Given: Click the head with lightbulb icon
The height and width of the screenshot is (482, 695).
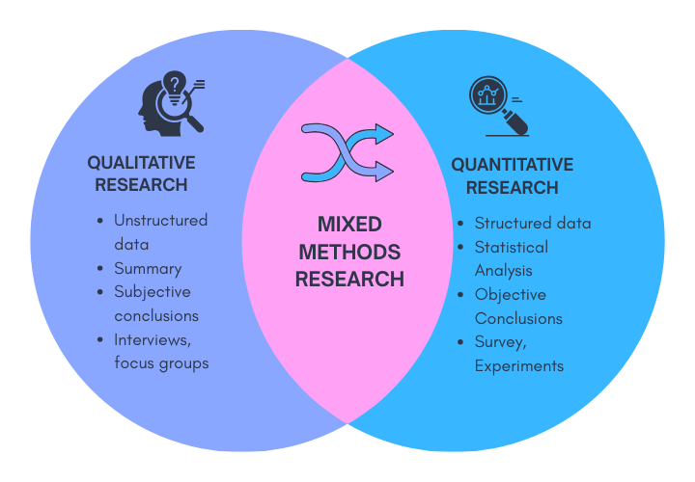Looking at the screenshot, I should click(171, 100).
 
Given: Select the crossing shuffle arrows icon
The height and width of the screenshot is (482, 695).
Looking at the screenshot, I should click(347, 152).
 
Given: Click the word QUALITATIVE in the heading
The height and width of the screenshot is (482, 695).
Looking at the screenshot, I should click(141, 163).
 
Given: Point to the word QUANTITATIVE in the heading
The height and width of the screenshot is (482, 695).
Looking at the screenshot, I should click(512, 165).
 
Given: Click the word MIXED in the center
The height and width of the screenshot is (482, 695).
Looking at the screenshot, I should click(349, 225).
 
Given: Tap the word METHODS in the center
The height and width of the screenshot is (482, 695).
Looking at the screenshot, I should click(349, 253).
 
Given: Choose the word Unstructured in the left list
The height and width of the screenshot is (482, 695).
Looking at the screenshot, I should click(160, 220).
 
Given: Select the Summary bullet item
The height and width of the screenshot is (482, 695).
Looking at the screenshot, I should click(148, 268).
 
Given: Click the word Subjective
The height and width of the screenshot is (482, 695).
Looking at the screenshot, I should click(153, 291).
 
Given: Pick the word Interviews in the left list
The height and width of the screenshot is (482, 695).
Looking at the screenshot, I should click(153, 339).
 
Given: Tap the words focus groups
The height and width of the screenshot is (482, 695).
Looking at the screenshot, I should click(161, 363).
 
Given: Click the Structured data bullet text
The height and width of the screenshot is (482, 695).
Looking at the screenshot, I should click(533, 223).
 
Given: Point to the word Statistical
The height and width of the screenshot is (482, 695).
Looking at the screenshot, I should click(511, 247).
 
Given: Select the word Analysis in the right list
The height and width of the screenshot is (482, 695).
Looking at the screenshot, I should click(503, 271).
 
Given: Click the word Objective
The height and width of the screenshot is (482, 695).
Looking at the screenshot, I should click(510, 294).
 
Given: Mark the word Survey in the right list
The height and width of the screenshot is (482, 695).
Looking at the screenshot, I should click(499, 342).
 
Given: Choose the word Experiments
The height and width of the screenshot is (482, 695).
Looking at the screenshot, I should click(518, 366).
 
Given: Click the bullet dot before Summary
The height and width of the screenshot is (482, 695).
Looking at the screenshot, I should click(101, 269).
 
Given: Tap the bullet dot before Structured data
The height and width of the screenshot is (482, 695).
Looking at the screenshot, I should click(461, 224).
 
